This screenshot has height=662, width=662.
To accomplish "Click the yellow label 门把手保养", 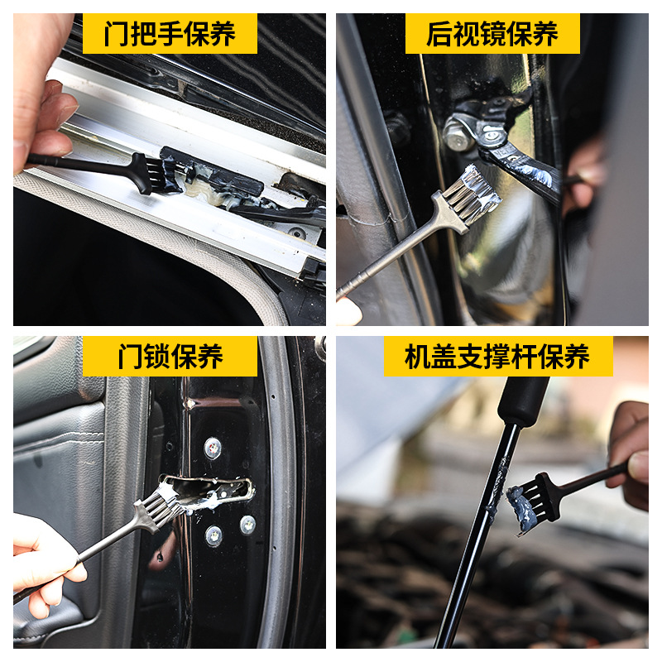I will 170,34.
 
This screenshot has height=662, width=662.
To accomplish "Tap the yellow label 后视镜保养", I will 492,34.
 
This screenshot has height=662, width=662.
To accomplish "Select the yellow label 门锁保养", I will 170,357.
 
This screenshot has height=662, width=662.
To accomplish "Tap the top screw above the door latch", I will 213,447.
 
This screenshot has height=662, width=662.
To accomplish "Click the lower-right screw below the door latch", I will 247,524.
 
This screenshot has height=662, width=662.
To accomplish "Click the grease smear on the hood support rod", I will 500,492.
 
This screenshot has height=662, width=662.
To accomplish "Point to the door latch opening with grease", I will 211,493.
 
